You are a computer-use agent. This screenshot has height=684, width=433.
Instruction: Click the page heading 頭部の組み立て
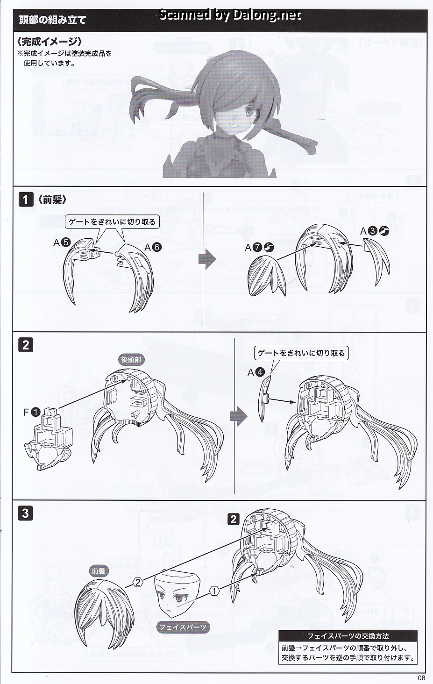(x=52, y=21)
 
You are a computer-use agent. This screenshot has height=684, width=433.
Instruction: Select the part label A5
(x=62, y=242)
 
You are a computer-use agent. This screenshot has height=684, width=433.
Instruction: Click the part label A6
(x=153, y=247)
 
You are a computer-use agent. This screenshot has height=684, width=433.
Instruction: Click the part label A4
(x=256, y=372)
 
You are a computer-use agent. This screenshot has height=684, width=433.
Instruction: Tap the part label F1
(x=32, y=412)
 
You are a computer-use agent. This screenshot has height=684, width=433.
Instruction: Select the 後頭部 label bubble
(x=131, y=360)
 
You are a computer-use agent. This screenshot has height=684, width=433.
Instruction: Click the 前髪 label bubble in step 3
(x=99, y=571)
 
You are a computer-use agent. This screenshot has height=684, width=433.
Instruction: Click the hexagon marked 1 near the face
(x=214, y=591)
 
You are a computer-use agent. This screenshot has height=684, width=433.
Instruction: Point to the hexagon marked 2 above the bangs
(x=138, y=582)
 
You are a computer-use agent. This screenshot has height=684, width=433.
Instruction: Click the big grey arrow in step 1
(x=207, y=259)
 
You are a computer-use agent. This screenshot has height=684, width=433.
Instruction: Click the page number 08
(x=421, y=678)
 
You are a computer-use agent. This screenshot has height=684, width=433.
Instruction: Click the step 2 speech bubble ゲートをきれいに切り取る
(x=301, y=353)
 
